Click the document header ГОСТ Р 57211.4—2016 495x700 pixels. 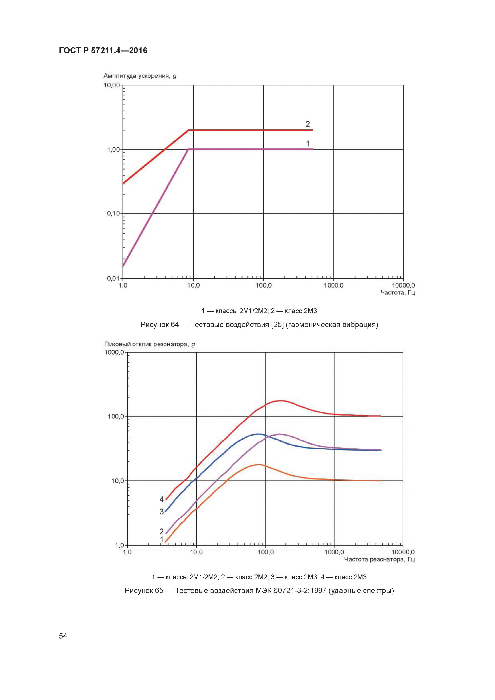click(x=103, y=51)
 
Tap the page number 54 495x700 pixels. click(x=63, y=636)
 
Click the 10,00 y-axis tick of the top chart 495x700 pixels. click(x=112, y=85)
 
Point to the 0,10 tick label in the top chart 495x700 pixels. click(x=113, y=214)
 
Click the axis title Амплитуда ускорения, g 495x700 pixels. click(x=140, y=76)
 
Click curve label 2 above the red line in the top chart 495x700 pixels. click(x=308, y=124)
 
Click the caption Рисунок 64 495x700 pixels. click(x=159, y=324)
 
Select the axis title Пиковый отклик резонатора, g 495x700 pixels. click(x=149, y=344)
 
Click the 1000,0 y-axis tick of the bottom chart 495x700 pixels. click(x=114, y=352)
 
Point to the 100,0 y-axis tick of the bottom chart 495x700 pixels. click(x=116, y=416)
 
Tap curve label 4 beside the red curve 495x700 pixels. click(x=162, y=499)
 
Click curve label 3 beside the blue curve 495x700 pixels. click(x=162, y=512)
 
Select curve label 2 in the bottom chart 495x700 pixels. click(x=162, y=531)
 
